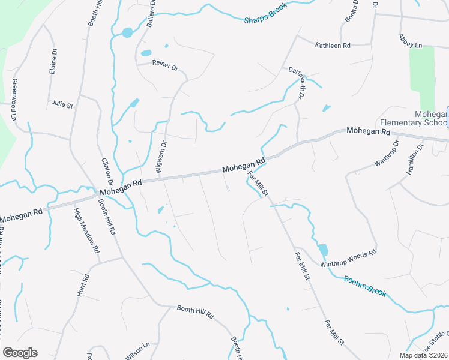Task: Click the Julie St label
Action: pos(62,104)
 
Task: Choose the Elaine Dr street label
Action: pos(53,61)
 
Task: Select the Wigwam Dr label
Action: pos(160,155)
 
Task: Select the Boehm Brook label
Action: pos(364,285)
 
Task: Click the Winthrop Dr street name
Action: pos(387,154)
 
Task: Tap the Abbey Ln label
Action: pos(411,41)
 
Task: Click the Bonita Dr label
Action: pos(351,12)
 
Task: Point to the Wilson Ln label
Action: pos(137,350)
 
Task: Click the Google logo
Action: pos(20,352)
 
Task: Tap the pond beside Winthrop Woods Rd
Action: pos(323,249)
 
